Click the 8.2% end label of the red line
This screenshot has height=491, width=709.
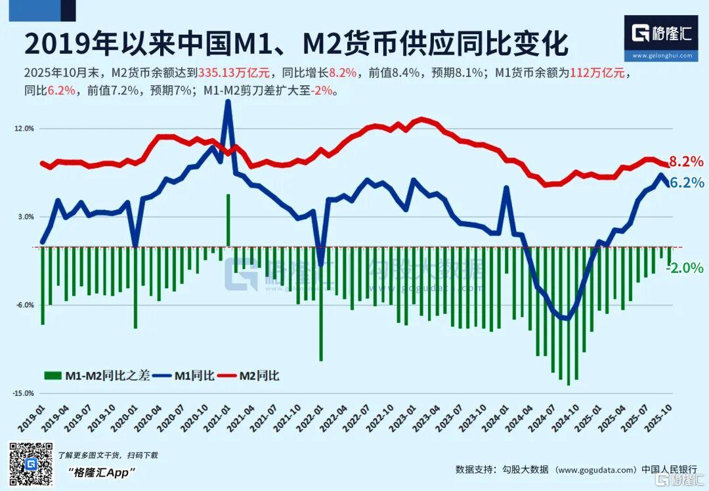tap(687, 161)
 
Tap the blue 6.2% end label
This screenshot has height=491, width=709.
tap(687, 182)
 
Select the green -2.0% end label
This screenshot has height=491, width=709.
tap(687, 268)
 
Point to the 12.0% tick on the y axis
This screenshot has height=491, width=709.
tap(24, 129)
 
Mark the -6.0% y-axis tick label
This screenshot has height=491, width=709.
tap(25, 305)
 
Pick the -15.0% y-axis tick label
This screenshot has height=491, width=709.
tap(23, 393)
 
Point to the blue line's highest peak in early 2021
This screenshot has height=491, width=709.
tap(228, 102)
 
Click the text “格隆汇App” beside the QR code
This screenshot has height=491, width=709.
tap(102, 472)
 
